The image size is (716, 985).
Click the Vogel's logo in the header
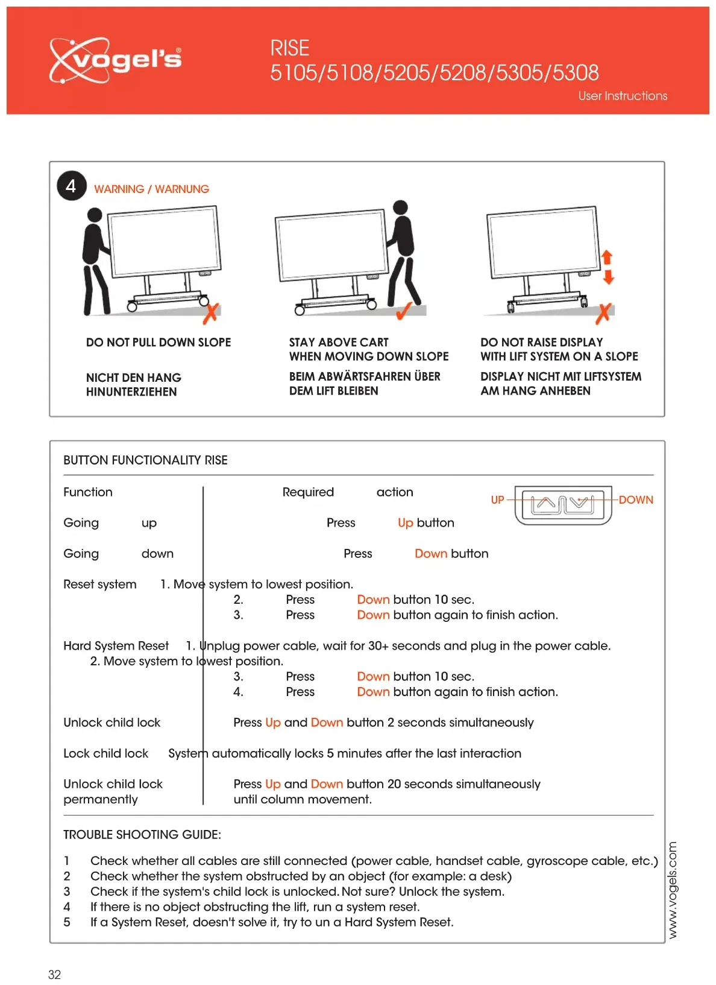[x=115, y=60]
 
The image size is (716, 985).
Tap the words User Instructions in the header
[x=623, y=96]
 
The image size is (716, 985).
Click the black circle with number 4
[x=71, y=186]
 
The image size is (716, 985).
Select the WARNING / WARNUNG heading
[x=151, y=189]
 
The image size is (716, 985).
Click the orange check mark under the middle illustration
[x=403, y=310]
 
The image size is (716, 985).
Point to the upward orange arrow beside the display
[x=607, y=257]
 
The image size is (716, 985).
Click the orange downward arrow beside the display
[x=608, y=277]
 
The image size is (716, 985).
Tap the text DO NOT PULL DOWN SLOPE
[x=159, y=343]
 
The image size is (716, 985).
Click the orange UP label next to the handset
[x=497, y=500]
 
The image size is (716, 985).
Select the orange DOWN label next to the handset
[x=636, y=500]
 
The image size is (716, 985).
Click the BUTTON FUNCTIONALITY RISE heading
[x=145, y=460]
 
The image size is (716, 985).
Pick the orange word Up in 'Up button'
[x=405, y=523]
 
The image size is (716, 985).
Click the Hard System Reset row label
[x=116, y=646]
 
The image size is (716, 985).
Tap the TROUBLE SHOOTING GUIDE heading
[x=142, y=835]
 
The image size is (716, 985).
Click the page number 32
[x=54, y=975]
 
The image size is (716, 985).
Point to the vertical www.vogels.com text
[x=673, y=890]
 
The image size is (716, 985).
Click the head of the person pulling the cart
[x=95, y=215]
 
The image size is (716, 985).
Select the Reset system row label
[x=100, y=584]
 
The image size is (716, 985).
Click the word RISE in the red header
[x=289, y=48]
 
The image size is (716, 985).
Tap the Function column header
[x=88, y=492]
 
